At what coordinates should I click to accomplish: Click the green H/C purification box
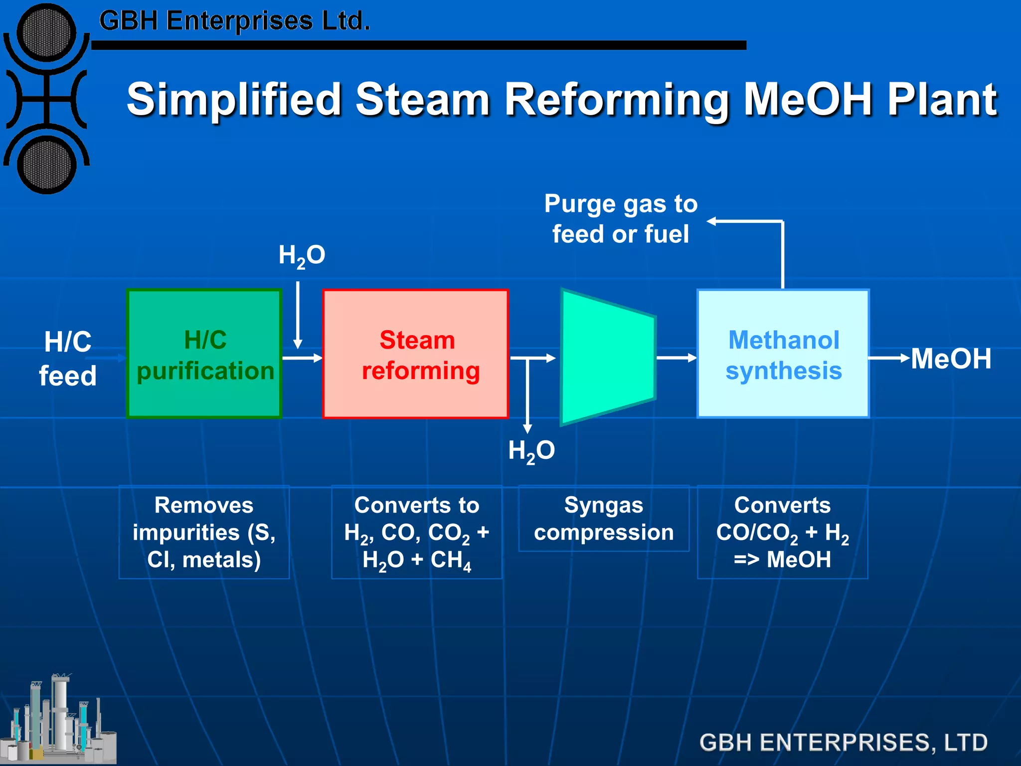point(204,354)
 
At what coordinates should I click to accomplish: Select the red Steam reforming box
point(415,354)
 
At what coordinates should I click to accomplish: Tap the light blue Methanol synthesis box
point(783,354)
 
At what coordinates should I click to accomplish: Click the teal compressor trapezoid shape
point(607,357)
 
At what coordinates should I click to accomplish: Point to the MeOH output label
point(951,359)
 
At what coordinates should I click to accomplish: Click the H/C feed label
point(68,359)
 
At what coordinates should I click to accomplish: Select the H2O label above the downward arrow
point(302,255)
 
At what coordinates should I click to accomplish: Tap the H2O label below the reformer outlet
point(531,451)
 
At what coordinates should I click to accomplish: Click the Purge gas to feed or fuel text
point(621,219)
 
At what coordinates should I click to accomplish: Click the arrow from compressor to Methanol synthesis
point(676,358)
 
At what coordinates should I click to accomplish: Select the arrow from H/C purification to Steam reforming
point(302,358)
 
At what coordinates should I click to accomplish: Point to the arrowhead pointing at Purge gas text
point(712,221)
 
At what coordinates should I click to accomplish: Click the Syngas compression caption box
point(604,519)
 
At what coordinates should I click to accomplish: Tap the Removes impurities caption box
point(204,532)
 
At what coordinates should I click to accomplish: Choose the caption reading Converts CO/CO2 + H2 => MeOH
point(782,532)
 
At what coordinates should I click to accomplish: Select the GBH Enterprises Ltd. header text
point(234,21)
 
